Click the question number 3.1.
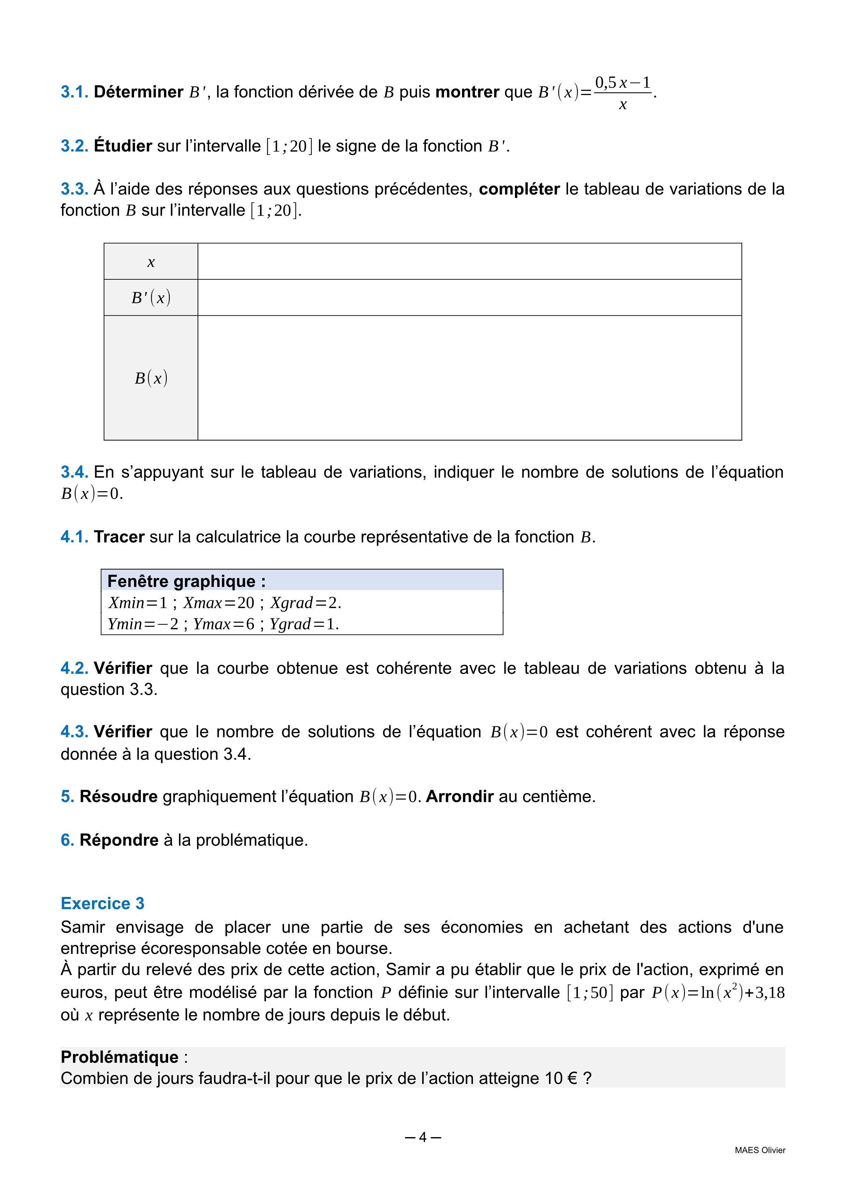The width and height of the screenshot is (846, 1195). [x=74, y=92]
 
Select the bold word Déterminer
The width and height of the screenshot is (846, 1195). [x=138, y=92]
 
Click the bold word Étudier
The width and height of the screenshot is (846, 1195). [x=123, y=146]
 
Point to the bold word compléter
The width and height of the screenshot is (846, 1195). [x=519, y=189]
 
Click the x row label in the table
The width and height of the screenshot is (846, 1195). [x=151, y=262]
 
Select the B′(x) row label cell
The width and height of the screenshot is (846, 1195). [x=151, y=298]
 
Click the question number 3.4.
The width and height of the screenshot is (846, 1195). [x=74, y=472]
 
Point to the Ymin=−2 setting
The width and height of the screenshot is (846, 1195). [x=143, y=623]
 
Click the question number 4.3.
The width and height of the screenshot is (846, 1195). [x=74, y=732]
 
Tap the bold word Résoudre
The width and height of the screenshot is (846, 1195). [x=118, y=797]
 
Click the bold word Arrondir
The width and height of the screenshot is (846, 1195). [x=459, y=797]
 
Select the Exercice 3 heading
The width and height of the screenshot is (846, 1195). [x=103, y=903]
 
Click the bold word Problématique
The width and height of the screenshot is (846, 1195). [x=119, y=1057]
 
